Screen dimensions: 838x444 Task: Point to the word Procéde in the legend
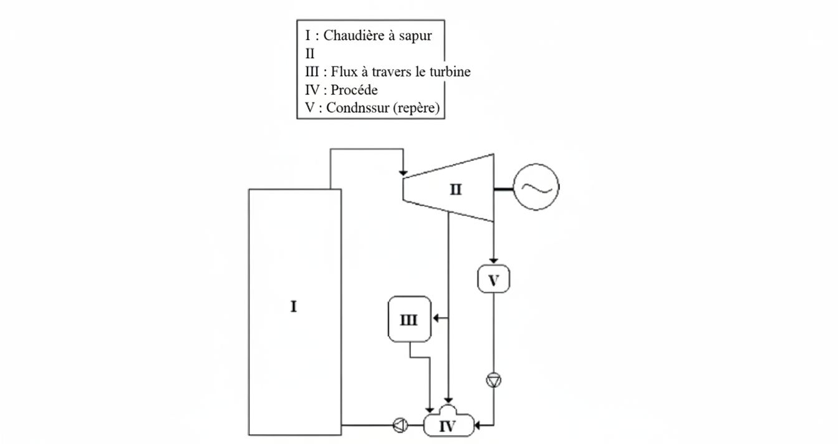354,90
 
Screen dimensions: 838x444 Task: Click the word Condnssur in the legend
358,108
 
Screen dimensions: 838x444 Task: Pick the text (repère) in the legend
417,108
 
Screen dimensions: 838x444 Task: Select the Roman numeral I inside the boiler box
294,307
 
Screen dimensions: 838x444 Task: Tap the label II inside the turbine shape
456,190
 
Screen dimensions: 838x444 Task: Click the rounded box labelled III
410,319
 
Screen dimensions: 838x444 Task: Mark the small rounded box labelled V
493,279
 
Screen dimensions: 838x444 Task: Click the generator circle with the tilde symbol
536,187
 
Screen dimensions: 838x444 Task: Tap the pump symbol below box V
493,380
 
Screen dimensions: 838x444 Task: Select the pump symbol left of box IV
400,425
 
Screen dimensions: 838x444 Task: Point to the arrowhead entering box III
436,318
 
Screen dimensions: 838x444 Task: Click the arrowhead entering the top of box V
493,261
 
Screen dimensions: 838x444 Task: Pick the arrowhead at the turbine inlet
403,173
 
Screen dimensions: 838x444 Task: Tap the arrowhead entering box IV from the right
478,425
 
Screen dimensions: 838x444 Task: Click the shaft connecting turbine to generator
504,190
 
